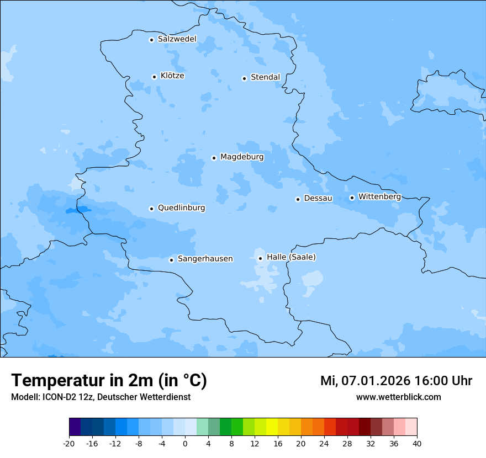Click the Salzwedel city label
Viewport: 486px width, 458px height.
[177, 39]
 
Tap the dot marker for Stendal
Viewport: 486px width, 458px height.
[244, 78]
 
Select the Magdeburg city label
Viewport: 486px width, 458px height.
[242, 157]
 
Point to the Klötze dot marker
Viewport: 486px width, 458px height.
[154, 77]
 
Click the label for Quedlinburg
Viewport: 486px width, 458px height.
[181, 208]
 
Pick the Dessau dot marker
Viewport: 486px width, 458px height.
[298, 199]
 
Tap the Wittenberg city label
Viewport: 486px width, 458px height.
[379, 197]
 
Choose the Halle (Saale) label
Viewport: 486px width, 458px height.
[291, 257]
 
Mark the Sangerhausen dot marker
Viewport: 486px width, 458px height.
[172, 260]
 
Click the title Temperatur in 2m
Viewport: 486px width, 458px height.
[109, 381]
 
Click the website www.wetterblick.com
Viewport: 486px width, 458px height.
[398, 397]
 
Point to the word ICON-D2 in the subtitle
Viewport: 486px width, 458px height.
[56, 397]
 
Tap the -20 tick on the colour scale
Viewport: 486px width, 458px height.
[69, 443]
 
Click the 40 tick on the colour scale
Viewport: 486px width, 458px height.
[417, 443]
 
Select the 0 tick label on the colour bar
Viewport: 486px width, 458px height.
[185, 443]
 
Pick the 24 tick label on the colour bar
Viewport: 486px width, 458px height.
[324, 443]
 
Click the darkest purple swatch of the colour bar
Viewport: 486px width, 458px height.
[75, 427]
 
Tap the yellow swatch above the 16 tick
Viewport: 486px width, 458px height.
[272, 427]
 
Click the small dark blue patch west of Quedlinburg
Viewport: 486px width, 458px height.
[78, 210]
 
